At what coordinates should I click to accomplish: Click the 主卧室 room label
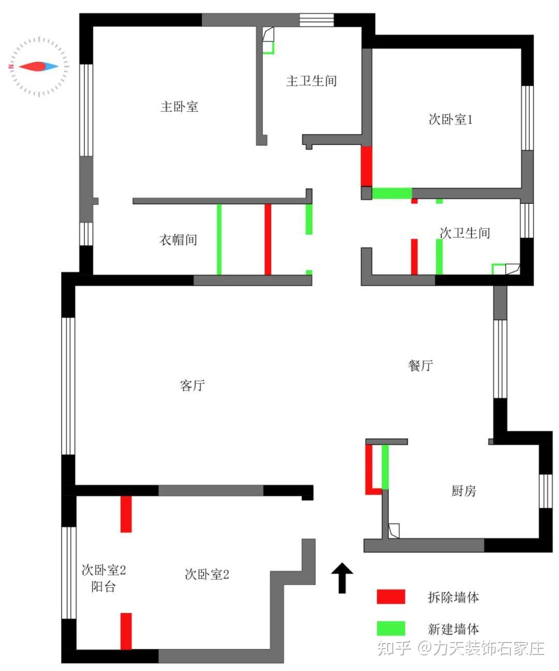point(179,107)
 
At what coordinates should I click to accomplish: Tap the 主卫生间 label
point(311,81)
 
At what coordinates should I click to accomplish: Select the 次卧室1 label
point(450,120)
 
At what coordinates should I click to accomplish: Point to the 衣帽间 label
point(178,240)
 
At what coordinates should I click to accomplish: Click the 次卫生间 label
point(464,233)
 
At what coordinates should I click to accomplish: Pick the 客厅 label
point(193,385)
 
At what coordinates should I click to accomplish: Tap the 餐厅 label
point(420,366)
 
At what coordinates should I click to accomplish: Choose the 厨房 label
point(463,491)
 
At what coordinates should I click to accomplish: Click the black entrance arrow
point(342,577)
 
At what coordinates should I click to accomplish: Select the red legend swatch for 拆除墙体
point(390,597)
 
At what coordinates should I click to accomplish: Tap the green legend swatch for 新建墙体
point(390,629)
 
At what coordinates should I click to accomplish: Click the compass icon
point(39,66)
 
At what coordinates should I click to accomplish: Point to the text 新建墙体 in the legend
point(453,629)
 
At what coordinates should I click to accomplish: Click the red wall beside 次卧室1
point(366,166)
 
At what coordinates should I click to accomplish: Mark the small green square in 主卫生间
point(268,48)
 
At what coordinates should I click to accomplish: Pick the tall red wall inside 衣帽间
point(268,239)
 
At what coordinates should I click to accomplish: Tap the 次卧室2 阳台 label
point(104,578)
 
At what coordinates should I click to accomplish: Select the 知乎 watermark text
point(394,648)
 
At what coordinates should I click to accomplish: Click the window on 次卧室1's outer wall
point(527,117)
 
